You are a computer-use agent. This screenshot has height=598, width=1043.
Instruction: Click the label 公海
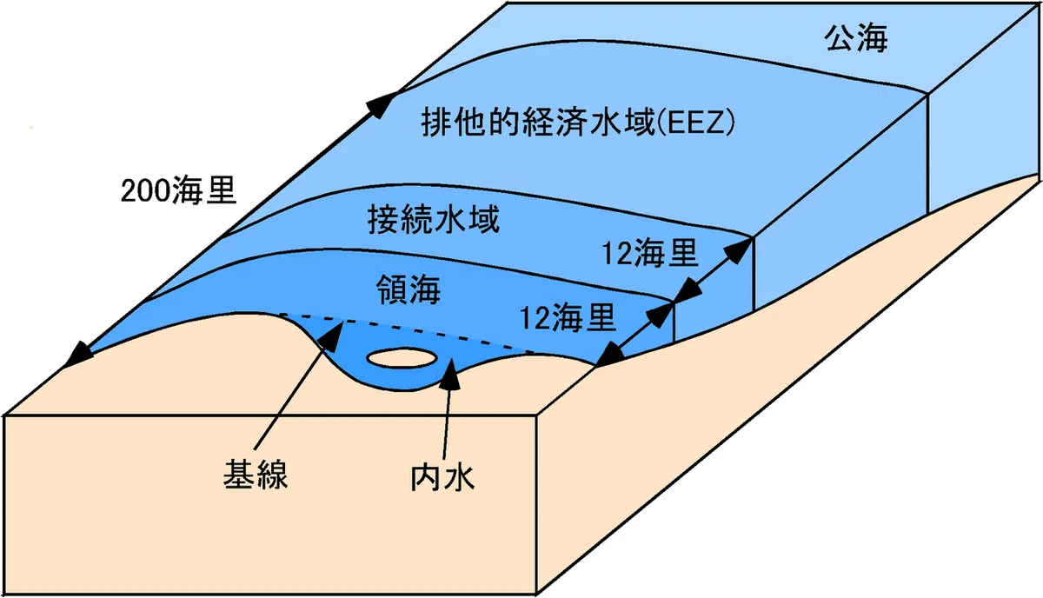click(x=856, y=37)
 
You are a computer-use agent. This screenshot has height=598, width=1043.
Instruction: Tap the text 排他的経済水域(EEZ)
click(x=577, y=122)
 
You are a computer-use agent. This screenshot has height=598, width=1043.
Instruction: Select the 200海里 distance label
click(x=178, y=190)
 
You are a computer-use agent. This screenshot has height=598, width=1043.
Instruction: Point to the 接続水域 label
click(x=434, y=219)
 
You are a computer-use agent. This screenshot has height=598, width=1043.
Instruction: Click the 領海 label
click(x=409, y=289)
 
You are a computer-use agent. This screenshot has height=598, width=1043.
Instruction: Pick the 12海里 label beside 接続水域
click(x=650, y=253)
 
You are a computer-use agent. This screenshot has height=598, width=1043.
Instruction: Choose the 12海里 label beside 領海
click(x=568, y=317)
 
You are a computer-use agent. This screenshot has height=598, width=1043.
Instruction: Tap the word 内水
click(x=442, y=477)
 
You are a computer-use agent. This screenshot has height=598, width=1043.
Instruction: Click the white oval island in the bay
click(x=402, y=359)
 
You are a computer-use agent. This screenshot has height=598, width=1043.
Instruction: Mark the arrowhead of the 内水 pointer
click(x=450, y=374)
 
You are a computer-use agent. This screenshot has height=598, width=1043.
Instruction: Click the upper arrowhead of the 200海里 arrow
click(x=383, y=104)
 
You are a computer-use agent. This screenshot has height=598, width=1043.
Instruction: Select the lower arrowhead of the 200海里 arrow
click(x=77, y=355)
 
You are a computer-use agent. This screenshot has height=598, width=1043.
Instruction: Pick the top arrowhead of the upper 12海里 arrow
click(x=740, y=251)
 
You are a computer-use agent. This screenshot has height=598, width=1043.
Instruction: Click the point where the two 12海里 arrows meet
click(x=674, y=302)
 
